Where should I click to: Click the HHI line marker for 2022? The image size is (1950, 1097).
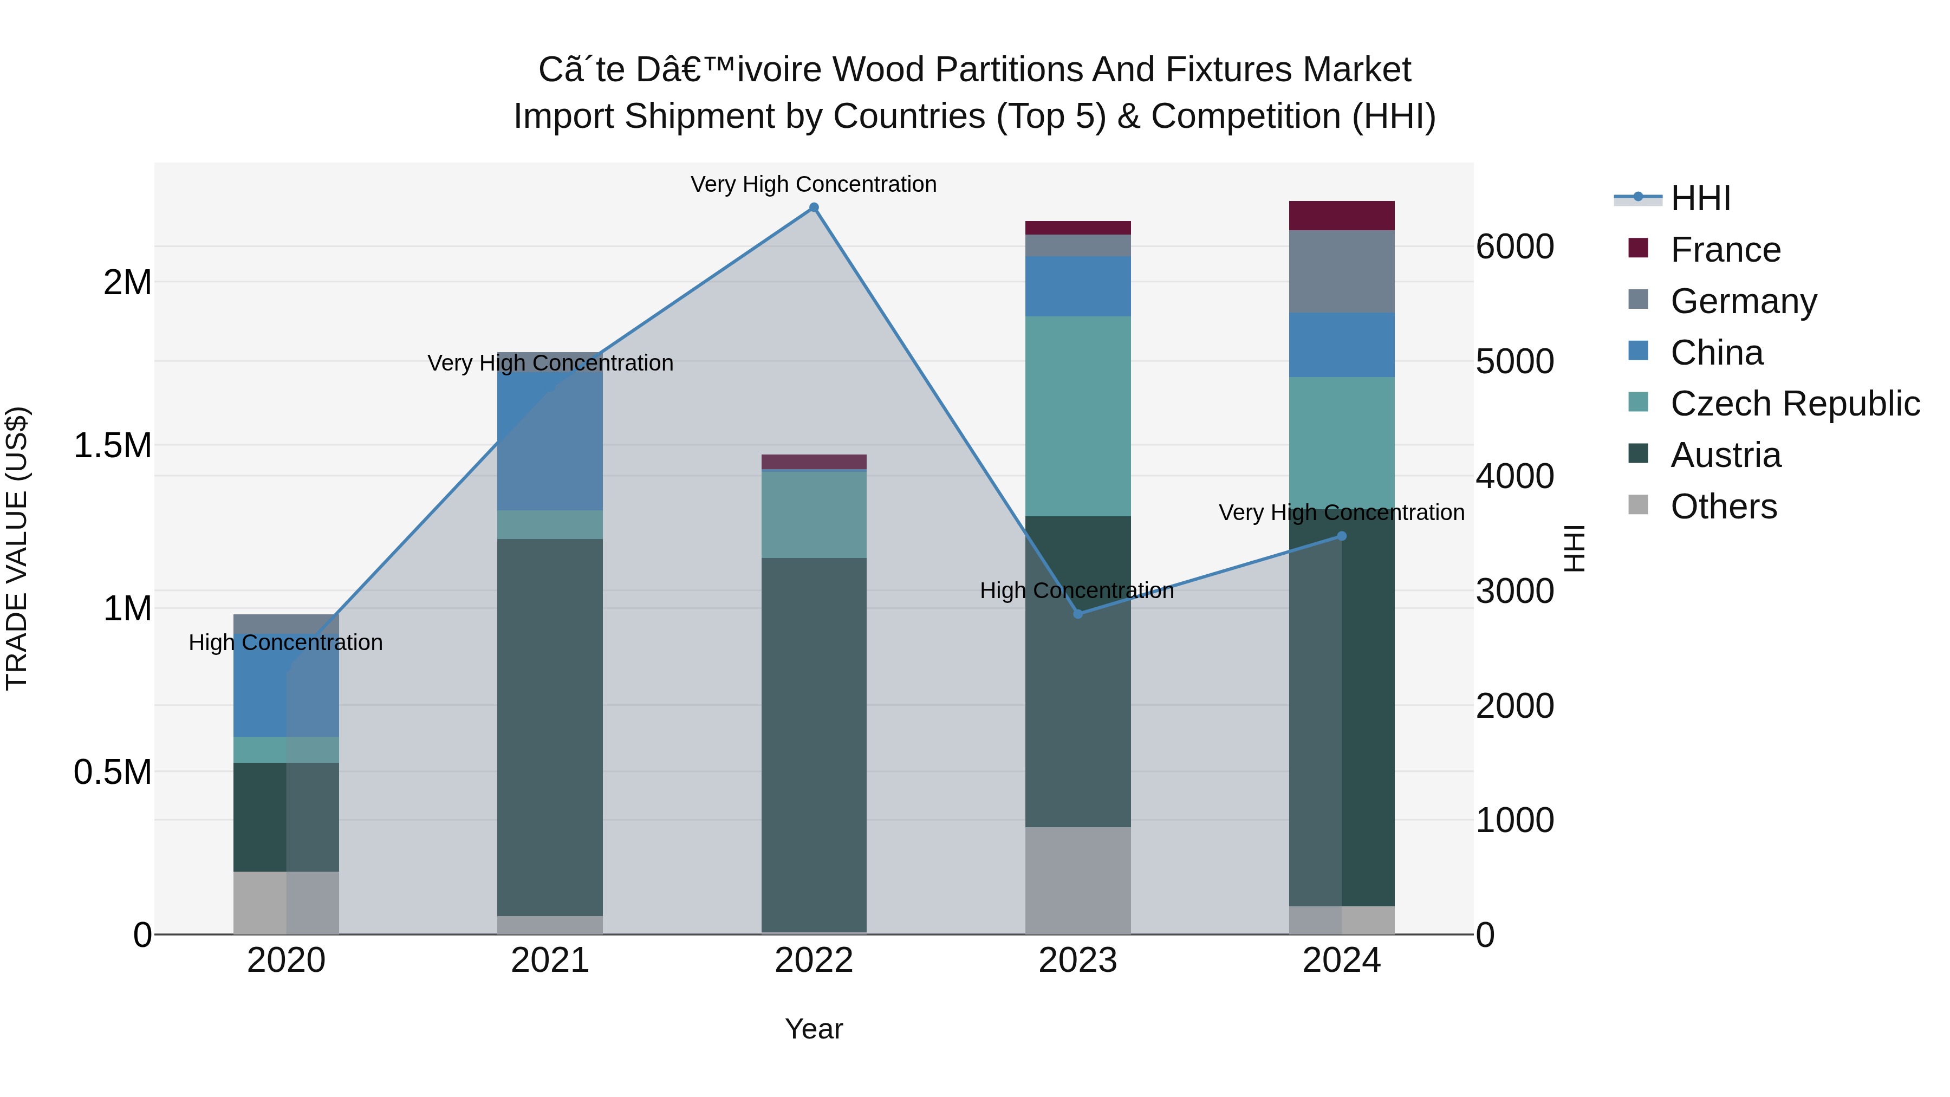pyautogui.click(x=814, y=207)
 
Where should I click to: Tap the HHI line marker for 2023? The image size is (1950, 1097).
pyautogui.click(x=1078, y=614)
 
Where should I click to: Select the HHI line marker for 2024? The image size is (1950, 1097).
pyautogui.click(x=1341, y=536)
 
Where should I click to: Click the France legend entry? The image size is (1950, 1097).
pyautogui.click(x=1725, y=250)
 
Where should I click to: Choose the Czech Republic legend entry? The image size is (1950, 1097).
pyautogui.click(x=1794, y=404)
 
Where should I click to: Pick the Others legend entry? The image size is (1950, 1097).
pyautogui.click(x=1723, y=507)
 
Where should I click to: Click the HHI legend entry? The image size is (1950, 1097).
pyautogui.click(x=1700, y=198)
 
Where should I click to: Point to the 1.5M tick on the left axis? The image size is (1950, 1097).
pyautogui.click(x=112, y=445)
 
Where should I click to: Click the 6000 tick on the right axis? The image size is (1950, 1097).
pyautogui.click(x=1514, y=247)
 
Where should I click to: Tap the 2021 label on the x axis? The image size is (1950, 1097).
pyautogui.click(x=550, y=960)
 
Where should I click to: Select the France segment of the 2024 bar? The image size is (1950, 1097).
pyautogui.click(x=1341, y=216)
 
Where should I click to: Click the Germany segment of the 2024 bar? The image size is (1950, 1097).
pyautogui.click(x=1341, y=271)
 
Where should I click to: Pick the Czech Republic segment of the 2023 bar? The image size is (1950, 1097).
pyautogui.click(x=1078, y=417)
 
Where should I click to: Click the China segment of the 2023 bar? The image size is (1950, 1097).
pyautogui.click(x=1078, y=286)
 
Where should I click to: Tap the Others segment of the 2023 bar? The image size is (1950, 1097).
pyautogui.click(x=1078, y=880)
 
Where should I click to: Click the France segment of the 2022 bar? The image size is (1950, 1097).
pyautogui.click(x=814, y=462)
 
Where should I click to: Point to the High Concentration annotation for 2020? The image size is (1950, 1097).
pyautogui.click(x=285, y=642)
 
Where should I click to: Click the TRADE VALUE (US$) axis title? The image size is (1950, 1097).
pyautogui.click(x=17, y=548)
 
